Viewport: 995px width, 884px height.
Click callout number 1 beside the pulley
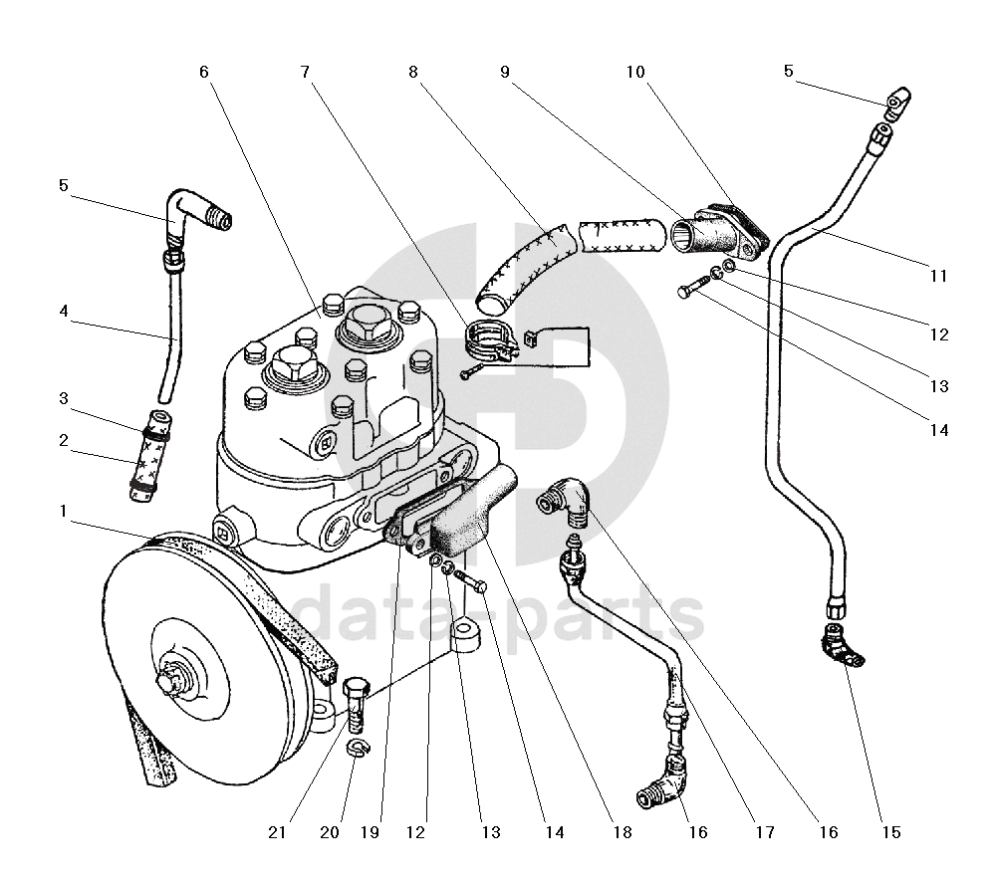click(x=63, y=511)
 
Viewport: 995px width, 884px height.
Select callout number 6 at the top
click(x=204, y=72)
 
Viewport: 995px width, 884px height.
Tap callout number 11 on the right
click(x=938, y=276)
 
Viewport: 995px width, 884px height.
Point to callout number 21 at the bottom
click(x=277, y=832)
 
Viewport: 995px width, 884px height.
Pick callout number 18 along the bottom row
click(x=622, y=832)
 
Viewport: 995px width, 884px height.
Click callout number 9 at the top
click(x=505, y=72)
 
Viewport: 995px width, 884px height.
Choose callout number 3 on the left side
click(x=64, y=398)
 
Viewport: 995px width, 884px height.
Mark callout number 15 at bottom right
click(x=891, y=832)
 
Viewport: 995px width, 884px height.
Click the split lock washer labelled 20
click(x=358, y=747)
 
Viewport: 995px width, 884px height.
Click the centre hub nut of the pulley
click(x=171, y=682)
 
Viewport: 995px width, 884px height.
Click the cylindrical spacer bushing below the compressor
click(x=465, y=637)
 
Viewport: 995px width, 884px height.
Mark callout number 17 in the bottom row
click(x=765, y=832)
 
